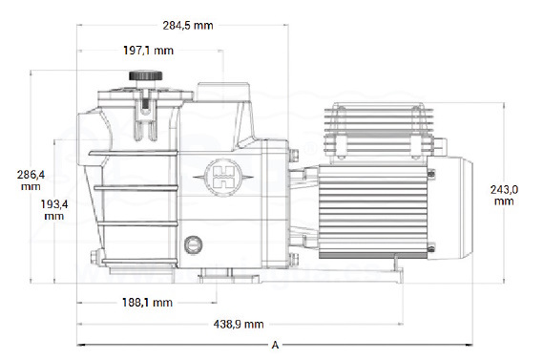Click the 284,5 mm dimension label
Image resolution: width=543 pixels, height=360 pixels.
point(188,25)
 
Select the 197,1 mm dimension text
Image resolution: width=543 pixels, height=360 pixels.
point(148,51)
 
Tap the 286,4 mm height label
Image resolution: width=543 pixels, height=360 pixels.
point(31,180)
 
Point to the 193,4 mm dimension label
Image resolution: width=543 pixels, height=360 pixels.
point(54,210)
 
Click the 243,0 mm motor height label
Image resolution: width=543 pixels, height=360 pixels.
point(504,196)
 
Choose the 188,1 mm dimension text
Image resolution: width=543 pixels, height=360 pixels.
point(147,303)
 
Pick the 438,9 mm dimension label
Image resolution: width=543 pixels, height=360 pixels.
point(239,325)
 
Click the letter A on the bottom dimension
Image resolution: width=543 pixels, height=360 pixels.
point(275,345)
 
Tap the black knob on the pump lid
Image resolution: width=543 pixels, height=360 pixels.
point(145,75)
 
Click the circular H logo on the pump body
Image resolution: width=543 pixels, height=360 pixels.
point(223,177)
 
